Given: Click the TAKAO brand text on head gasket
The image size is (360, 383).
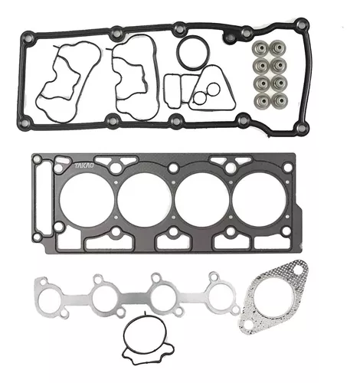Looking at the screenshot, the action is pyautogui.click(x=84, y=165).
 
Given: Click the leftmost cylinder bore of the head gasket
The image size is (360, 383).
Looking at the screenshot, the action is pyautogui.click(x=87, y=200).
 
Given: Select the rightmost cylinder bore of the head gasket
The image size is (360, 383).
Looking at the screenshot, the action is pyautogui.click(x=260, y=200).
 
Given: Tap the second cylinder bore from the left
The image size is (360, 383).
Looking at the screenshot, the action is pyautogui.click(x=145, y=200).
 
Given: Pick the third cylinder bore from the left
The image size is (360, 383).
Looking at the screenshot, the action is pyautogui.click(x=202, y=200).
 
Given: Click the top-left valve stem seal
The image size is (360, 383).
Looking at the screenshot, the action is pyautogui.click(x=260, y=48).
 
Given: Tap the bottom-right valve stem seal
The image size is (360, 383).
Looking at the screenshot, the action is pyautogui.click(x=280, y=100).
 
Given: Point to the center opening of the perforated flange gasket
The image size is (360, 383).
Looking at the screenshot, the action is pyautogui.click(x=273, y=301).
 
